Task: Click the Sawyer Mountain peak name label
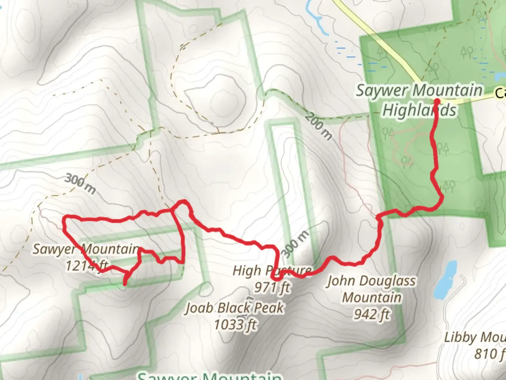tap(86, 249)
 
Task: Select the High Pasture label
tap(272, 271)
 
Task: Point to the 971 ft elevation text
tap(272, 287)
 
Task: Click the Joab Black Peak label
tap(234, 308)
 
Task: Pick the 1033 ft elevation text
tap(235, 324)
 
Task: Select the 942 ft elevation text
tap(372, 314)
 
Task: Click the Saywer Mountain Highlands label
tap(419, 100)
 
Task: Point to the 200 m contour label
tap(318, 126)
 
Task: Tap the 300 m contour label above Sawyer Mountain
tap(80, 184)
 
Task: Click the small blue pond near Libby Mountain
tap(445, 279)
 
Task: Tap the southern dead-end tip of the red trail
tap(125, 283)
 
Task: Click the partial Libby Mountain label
tap(474, 337)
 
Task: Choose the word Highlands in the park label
tap(419, 110)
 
